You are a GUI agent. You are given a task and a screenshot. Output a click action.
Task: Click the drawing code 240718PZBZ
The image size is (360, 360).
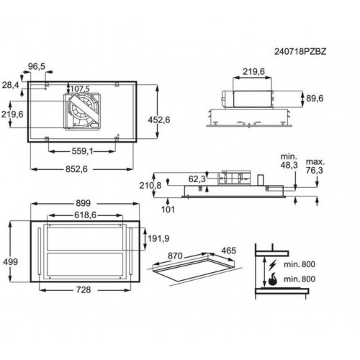[300, 52]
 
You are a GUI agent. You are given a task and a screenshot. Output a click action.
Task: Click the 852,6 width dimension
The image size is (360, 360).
[76, 169]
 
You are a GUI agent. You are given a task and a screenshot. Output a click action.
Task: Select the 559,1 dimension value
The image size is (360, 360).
[82, 151]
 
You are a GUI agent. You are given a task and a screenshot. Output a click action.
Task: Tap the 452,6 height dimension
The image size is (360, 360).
[159, 120]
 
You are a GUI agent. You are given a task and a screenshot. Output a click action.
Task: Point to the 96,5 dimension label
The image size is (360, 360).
[37, 66]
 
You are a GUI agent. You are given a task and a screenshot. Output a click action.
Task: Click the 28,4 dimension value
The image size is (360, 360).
[10, 85]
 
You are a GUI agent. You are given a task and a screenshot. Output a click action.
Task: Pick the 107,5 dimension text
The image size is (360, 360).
[80, 89]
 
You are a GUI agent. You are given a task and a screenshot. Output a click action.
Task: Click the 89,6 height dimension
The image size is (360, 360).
[315, 98]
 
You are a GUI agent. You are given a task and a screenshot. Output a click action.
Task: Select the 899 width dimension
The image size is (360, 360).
[84, 203]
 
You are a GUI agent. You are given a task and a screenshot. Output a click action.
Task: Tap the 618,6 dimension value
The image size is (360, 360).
[85, 215]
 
